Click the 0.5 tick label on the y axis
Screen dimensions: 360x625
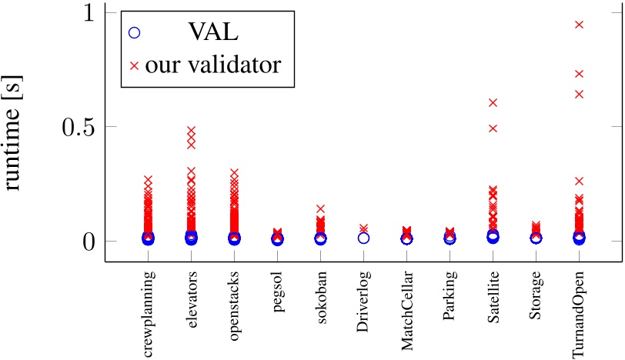tap(76, 127)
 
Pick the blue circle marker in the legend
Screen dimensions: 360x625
tap(134, 33)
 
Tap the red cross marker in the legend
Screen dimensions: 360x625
tap(134, 66)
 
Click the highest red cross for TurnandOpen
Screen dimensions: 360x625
tap(580, 25)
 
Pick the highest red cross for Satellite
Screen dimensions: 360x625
tap(493, 102)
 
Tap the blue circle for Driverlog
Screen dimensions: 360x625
tap(364, 238)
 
